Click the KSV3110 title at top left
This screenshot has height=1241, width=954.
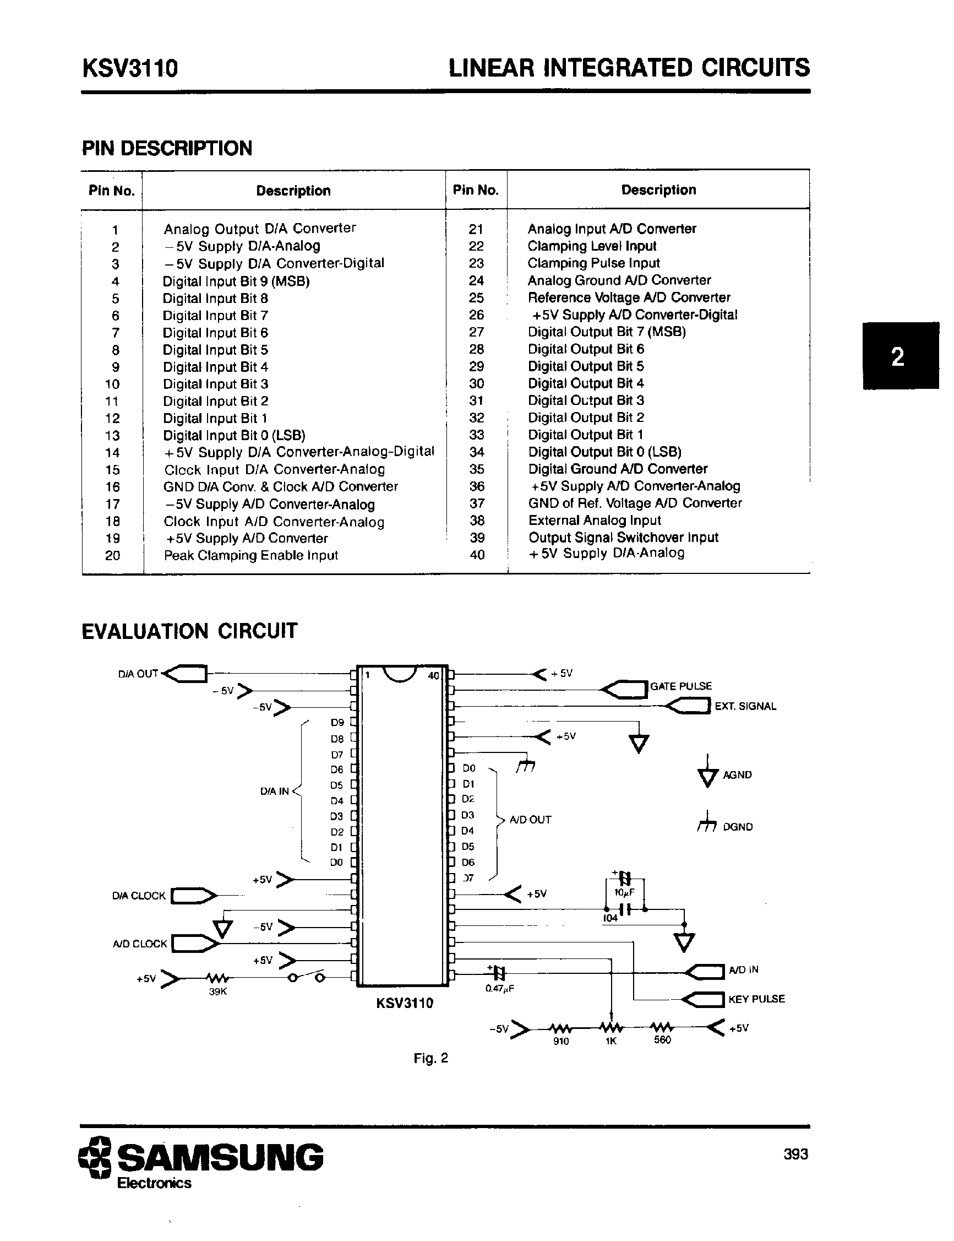130,68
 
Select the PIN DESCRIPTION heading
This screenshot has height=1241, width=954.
167,148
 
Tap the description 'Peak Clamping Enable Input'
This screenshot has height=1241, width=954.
250,555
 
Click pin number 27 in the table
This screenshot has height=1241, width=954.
476,332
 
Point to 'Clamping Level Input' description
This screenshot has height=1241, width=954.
592,246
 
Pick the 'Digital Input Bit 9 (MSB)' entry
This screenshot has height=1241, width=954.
236,281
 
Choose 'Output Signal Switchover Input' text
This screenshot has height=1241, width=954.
623,538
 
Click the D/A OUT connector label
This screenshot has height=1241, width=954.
138,674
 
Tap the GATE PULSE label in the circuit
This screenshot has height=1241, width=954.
680,686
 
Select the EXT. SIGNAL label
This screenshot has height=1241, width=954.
745,706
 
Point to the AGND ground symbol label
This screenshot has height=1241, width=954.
737,775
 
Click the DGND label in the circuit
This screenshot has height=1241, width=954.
738,827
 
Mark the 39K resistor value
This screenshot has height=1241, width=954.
218,991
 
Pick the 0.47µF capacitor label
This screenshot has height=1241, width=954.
500,989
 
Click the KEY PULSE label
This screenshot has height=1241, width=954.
756,999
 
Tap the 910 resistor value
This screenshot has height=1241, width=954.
560,1041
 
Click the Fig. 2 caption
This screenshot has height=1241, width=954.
430,1058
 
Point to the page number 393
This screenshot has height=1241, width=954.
795,1154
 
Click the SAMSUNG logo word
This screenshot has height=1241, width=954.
220,1157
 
